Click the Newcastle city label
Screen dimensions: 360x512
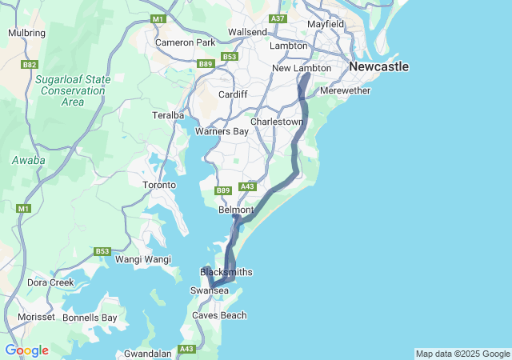point(378,66)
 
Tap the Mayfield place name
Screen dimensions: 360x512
point(325,24)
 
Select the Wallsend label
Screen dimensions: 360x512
point(247,32)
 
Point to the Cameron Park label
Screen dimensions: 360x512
point(186,42)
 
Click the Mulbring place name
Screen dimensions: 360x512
point(26,33)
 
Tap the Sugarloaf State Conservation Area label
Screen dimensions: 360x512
point(73,90)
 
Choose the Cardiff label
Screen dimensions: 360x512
point(233,94)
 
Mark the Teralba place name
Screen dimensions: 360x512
point(169,116)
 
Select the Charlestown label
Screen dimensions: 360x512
point(277,122)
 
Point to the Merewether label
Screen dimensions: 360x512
point(345,91)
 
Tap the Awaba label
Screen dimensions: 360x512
point(28,161)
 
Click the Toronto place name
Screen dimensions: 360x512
point(158,185)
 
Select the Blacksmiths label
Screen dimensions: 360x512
point(226,272)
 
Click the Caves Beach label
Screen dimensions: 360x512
point(219,315)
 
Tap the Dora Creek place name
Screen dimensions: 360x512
point(50,282)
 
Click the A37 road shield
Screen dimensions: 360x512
point(278,18)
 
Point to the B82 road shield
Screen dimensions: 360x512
point(30,64)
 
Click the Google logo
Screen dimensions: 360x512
point(27,350)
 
